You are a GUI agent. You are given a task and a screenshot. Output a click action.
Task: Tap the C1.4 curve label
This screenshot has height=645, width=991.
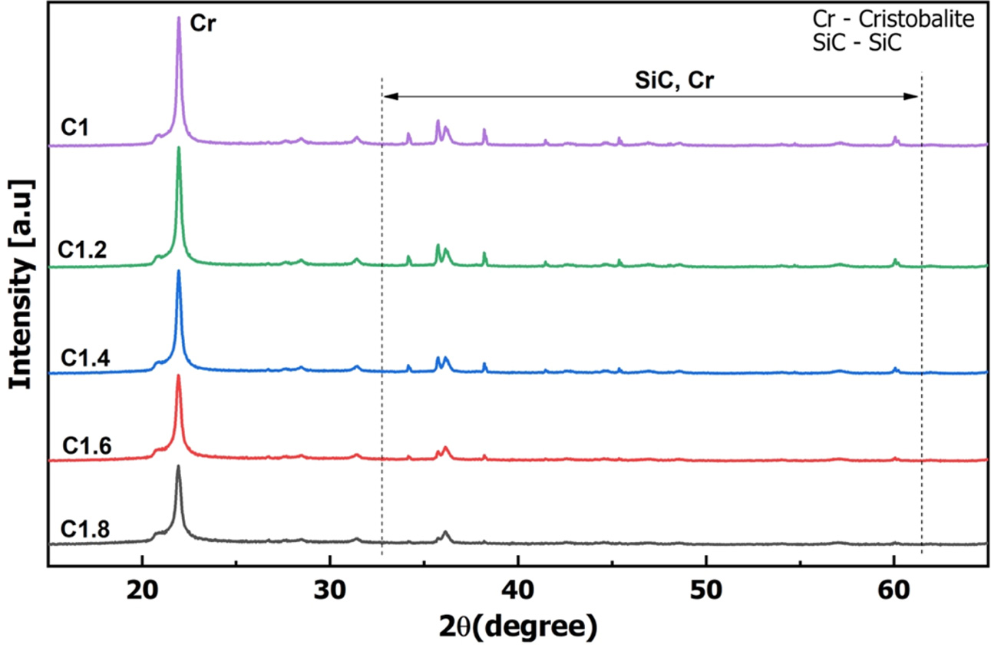tap(80, 357)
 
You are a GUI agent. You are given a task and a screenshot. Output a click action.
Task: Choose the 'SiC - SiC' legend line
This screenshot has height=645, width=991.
tap(856, 44)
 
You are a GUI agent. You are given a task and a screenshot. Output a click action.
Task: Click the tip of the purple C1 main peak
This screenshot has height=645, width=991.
tap(179, 18)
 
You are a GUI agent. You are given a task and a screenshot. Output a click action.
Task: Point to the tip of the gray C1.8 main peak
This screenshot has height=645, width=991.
tap(179, 466)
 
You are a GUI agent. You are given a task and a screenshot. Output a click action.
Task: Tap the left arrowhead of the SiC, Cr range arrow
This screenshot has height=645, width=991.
tap(386, 96)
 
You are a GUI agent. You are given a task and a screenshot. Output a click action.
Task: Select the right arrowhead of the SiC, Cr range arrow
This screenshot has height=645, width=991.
tap(915, 96)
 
